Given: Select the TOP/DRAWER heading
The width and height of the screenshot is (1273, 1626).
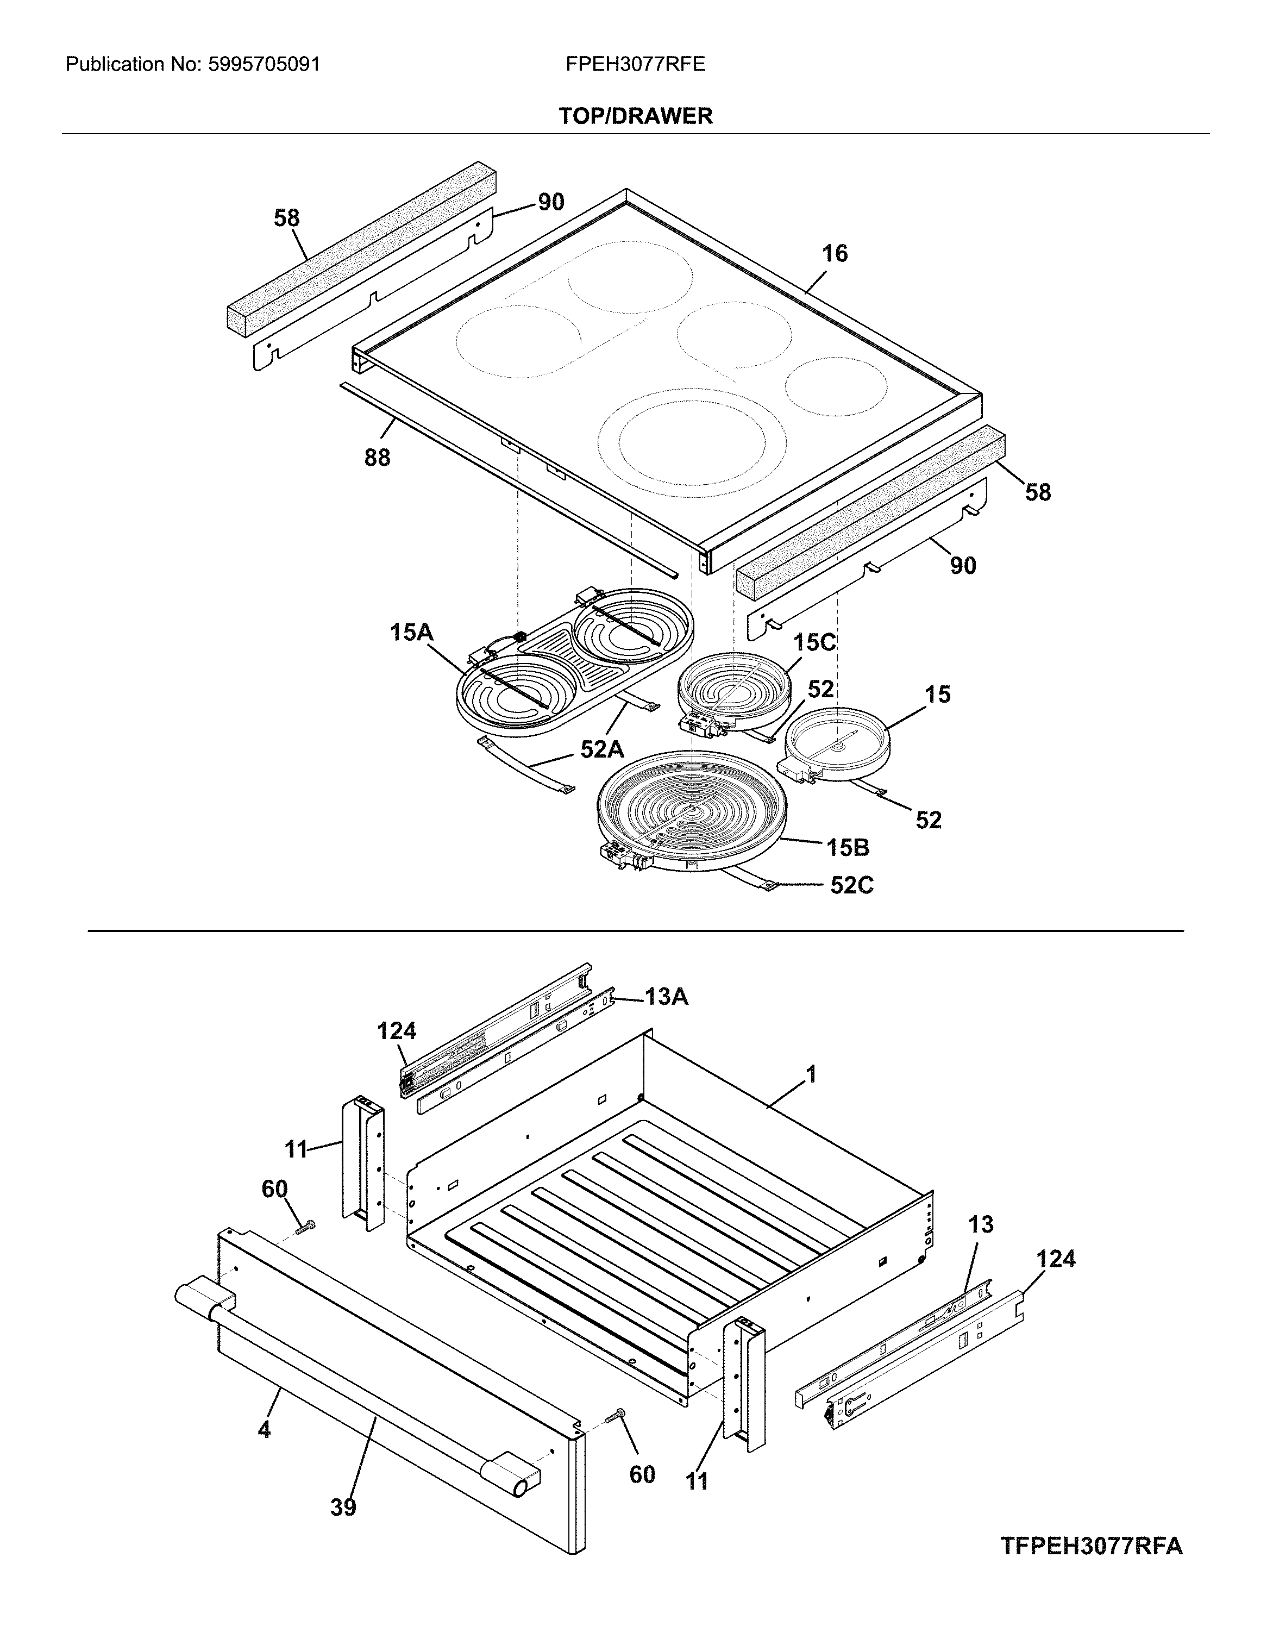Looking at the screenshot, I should pos(636,116).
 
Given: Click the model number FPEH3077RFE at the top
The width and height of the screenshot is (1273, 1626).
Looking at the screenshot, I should pos(635,65).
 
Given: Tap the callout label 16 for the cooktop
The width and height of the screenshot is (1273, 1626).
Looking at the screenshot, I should pos(835,254).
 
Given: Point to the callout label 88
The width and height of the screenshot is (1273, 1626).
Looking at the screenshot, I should pos(377,458).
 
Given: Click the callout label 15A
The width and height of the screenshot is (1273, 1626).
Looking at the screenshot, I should pos(411,633).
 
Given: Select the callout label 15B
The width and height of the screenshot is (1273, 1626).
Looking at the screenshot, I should pos(848,848).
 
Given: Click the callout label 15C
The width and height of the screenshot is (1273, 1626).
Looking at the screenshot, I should pos(814,643).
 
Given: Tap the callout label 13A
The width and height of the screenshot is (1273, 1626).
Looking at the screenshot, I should pos(666,996).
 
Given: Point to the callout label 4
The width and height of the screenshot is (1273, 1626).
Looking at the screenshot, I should pos(264,1430).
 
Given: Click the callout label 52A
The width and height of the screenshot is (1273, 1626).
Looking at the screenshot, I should pos(602,749).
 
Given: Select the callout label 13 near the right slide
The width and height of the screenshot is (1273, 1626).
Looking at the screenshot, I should pos(981,1224).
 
